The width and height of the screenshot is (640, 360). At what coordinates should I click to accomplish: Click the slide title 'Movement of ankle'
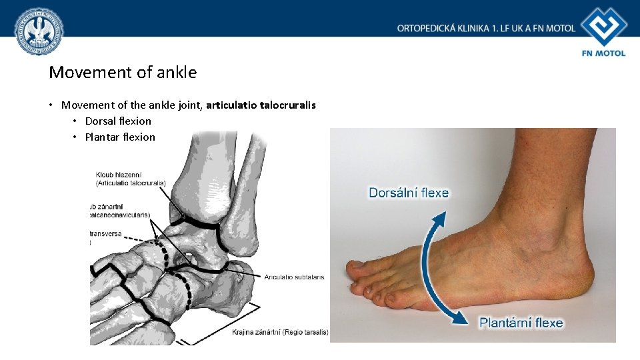pos(123,72)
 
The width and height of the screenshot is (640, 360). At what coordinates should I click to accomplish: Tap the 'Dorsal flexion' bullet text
pos(118,121)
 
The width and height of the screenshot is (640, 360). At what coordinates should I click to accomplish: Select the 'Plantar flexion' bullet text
pos(120,137)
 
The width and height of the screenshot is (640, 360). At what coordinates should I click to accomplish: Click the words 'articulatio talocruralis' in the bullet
pos(261,105)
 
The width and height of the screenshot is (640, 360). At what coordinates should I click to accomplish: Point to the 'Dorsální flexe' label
pos(409,193)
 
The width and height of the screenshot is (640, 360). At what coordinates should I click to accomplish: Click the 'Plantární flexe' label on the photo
pos(521,323)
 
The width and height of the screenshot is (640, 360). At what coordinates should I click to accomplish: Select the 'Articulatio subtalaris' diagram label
pos(294,277)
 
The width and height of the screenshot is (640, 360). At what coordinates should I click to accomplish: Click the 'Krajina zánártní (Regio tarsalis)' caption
pos(280,332)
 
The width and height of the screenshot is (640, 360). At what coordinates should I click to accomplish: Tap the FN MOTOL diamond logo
pos(603,26)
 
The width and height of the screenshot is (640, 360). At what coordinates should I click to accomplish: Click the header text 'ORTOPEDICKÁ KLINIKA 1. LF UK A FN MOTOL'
pos(486,28)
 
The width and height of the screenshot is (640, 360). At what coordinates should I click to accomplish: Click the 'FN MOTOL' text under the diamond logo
pos(603,53)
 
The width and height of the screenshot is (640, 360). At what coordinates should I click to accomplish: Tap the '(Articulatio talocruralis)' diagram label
pos(131,183)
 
